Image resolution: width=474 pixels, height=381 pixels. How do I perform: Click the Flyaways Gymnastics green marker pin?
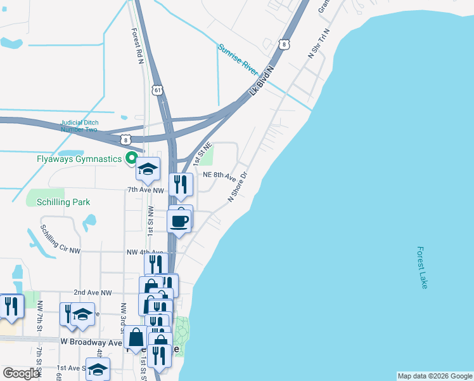click(x=132, y=158)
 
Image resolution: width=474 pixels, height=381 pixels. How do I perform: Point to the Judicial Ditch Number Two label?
click(x=79, y=126)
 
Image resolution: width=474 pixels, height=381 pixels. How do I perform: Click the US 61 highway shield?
click(x=158, y=90)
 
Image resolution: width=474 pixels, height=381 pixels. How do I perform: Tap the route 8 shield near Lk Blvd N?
click(x=285, y=44)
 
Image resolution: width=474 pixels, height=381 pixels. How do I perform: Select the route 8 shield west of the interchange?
click(x=127, y=140)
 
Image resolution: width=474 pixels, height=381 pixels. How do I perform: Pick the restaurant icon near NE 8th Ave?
click(x=181, y=184)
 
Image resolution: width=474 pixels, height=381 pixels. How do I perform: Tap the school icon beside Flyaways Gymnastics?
click(x=148, y=169)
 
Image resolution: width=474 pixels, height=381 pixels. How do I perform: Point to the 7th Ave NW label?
click(x=146, y=190)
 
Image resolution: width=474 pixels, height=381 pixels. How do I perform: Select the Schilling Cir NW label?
click(x=61, y=240)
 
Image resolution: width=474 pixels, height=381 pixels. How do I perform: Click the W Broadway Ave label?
click(x=91, y=342)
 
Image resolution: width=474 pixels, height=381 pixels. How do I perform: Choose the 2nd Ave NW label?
click(x=93, y=293)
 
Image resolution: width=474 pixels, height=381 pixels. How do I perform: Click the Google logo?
click(x=21, y=373)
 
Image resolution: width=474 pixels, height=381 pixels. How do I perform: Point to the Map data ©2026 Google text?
click(x=435, y=376)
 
